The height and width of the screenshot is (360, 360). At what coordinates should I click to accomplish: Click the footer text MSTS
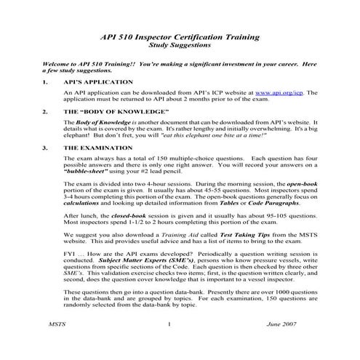[55, 345]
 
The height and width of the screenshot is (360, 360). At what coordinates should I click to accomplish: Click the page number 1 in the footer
[168, 345]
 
